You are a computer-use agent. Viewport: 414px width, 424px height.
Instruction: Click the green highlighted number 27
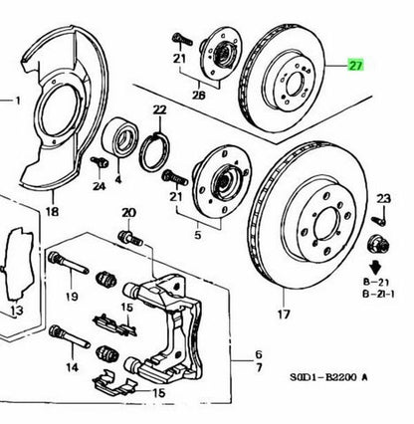(355, 66)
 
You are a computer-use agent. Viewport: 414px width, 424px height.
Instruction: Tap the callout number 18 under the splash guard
(53, 211)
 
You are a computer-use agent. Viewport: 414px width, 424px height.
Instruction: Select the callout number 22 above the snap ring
(159, 109)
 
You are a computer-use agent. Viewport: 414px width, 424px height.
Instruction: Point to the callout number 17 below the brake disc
(284, 314)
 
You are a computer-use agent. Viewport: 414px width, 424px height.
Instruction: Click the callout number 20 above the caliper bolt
(129, 213)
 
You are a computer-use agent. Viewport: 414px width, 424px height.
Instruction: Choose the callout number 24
(99, 186)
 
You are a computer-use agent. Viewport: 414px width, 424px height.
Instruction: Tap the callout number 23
(383, 199)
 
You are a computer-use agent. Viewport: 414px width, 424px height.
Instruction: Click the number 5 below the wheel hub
(198, 235)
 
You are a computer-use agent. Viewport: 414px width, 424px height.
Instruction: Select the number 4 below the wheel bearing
(118, 180)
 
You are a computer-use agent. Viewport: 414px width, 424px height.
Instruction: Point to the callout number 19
(72, 297)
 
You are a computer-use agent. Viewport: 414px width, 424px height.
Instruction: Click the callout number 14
(72, 367)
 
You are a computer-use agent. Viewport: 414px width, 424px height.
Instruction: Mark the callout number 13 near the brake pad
(17, 311)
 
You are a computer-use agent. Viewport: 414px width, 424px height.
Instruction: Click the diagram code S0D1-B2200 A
(329, 377)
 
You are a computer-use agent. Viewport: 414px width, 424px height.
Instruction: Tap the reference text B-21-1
(379, 294)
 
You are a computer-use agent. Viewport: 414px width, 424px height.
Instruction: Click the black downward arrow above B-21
(375, 267)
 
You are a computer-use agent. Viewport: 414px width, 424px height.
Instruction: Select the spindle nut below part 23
(378, 246)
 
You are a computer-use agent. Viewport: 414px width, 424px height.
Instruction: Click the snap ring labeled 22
(155, 152)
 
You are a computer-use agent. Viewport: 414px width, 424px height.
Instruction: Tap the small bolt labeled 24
(100, 162)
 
